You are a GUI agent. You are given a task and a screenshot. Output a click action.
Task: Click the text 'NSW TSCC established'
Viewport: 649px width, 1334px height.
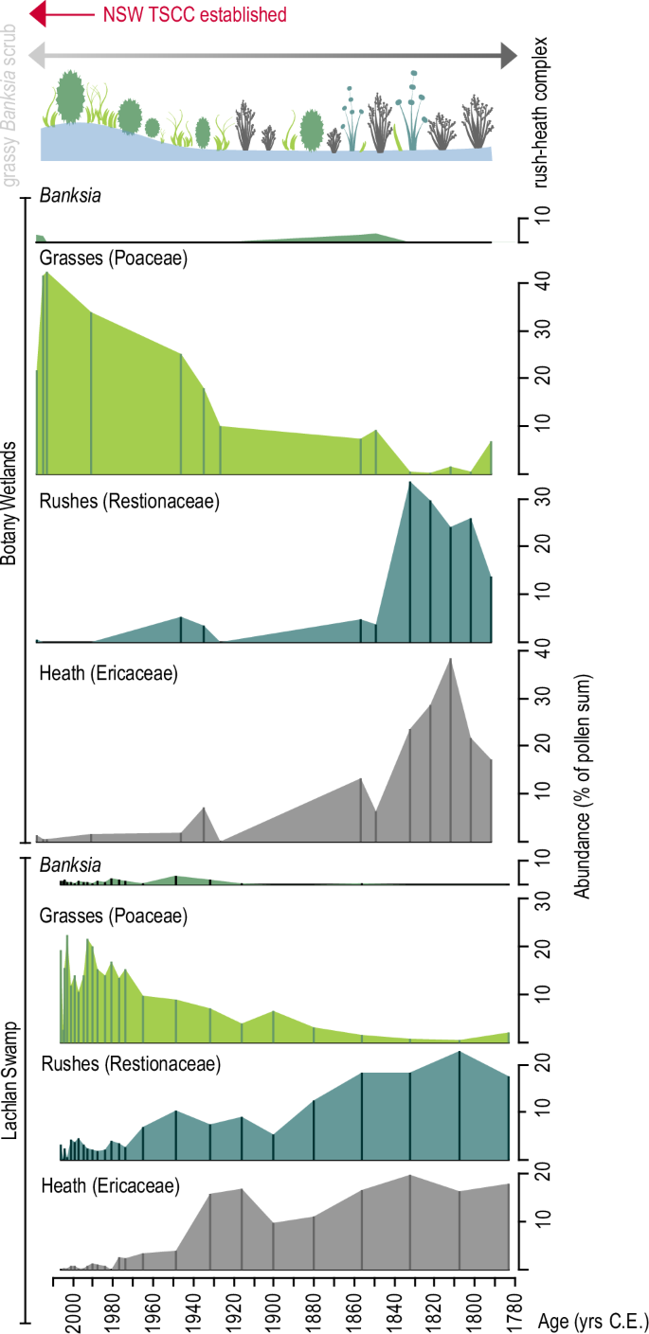194,14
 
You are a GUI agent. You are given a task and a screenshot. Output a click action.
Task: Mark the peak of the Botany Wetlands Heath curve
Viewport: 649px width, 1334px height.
451,658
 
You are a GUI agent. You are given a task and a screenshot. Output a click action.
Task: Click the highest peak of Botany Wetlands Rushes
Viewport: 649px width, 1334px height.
409,482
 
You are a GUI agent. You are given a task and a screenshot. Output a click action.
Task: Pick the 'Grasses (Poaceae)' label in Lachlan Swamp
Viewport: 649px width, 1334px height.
113,916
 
